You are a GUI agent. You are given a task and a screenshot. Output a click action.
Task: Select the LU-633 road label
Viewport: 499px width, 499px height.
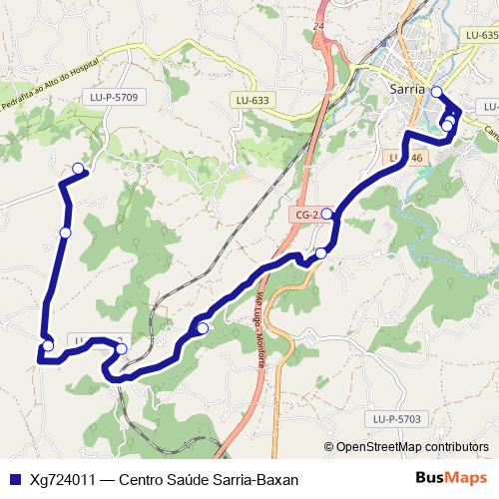click(x=253, y=101)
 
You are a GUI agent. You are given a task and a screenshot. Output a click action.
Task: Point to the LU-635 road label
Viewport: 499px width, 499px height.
click(x=481, y=35)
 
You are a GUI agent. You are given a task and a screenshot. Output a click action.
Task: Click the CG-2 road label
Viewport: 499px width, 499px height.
click(x=305, y=215)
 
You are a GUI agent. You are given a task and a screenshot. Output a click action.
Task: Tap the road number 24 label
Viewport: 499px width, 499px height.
click(x=318, y=25)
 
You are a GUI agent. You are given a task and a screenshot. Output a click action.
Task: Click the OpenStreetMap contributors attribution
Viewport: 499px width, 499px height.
click(x=412, y=448)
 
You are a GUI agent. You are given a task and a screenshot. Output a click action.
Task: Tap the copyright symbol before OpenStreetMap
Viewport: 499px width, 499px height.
click(x=328, y=448)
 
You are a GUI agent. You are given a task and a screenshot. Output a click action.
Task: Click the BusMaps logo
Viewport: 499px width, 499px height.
click(x=451, y=479)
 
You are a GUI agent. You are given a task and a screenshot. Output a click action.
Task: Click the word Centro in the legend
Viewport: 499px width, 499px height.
click(x=144, y=479)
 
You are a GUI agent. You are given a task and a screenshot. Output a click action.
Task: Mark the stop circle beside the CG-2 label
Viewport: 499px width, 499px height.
click(x=326, y=214)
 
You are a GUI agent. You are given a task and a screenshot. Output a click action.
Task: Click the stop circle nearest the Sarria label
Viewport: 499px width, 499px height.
click(x=435, y=92)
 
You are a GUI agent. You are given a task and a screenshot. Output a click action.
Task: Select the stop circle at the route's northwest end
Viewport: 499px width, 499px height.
click(x=78, y=168)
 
